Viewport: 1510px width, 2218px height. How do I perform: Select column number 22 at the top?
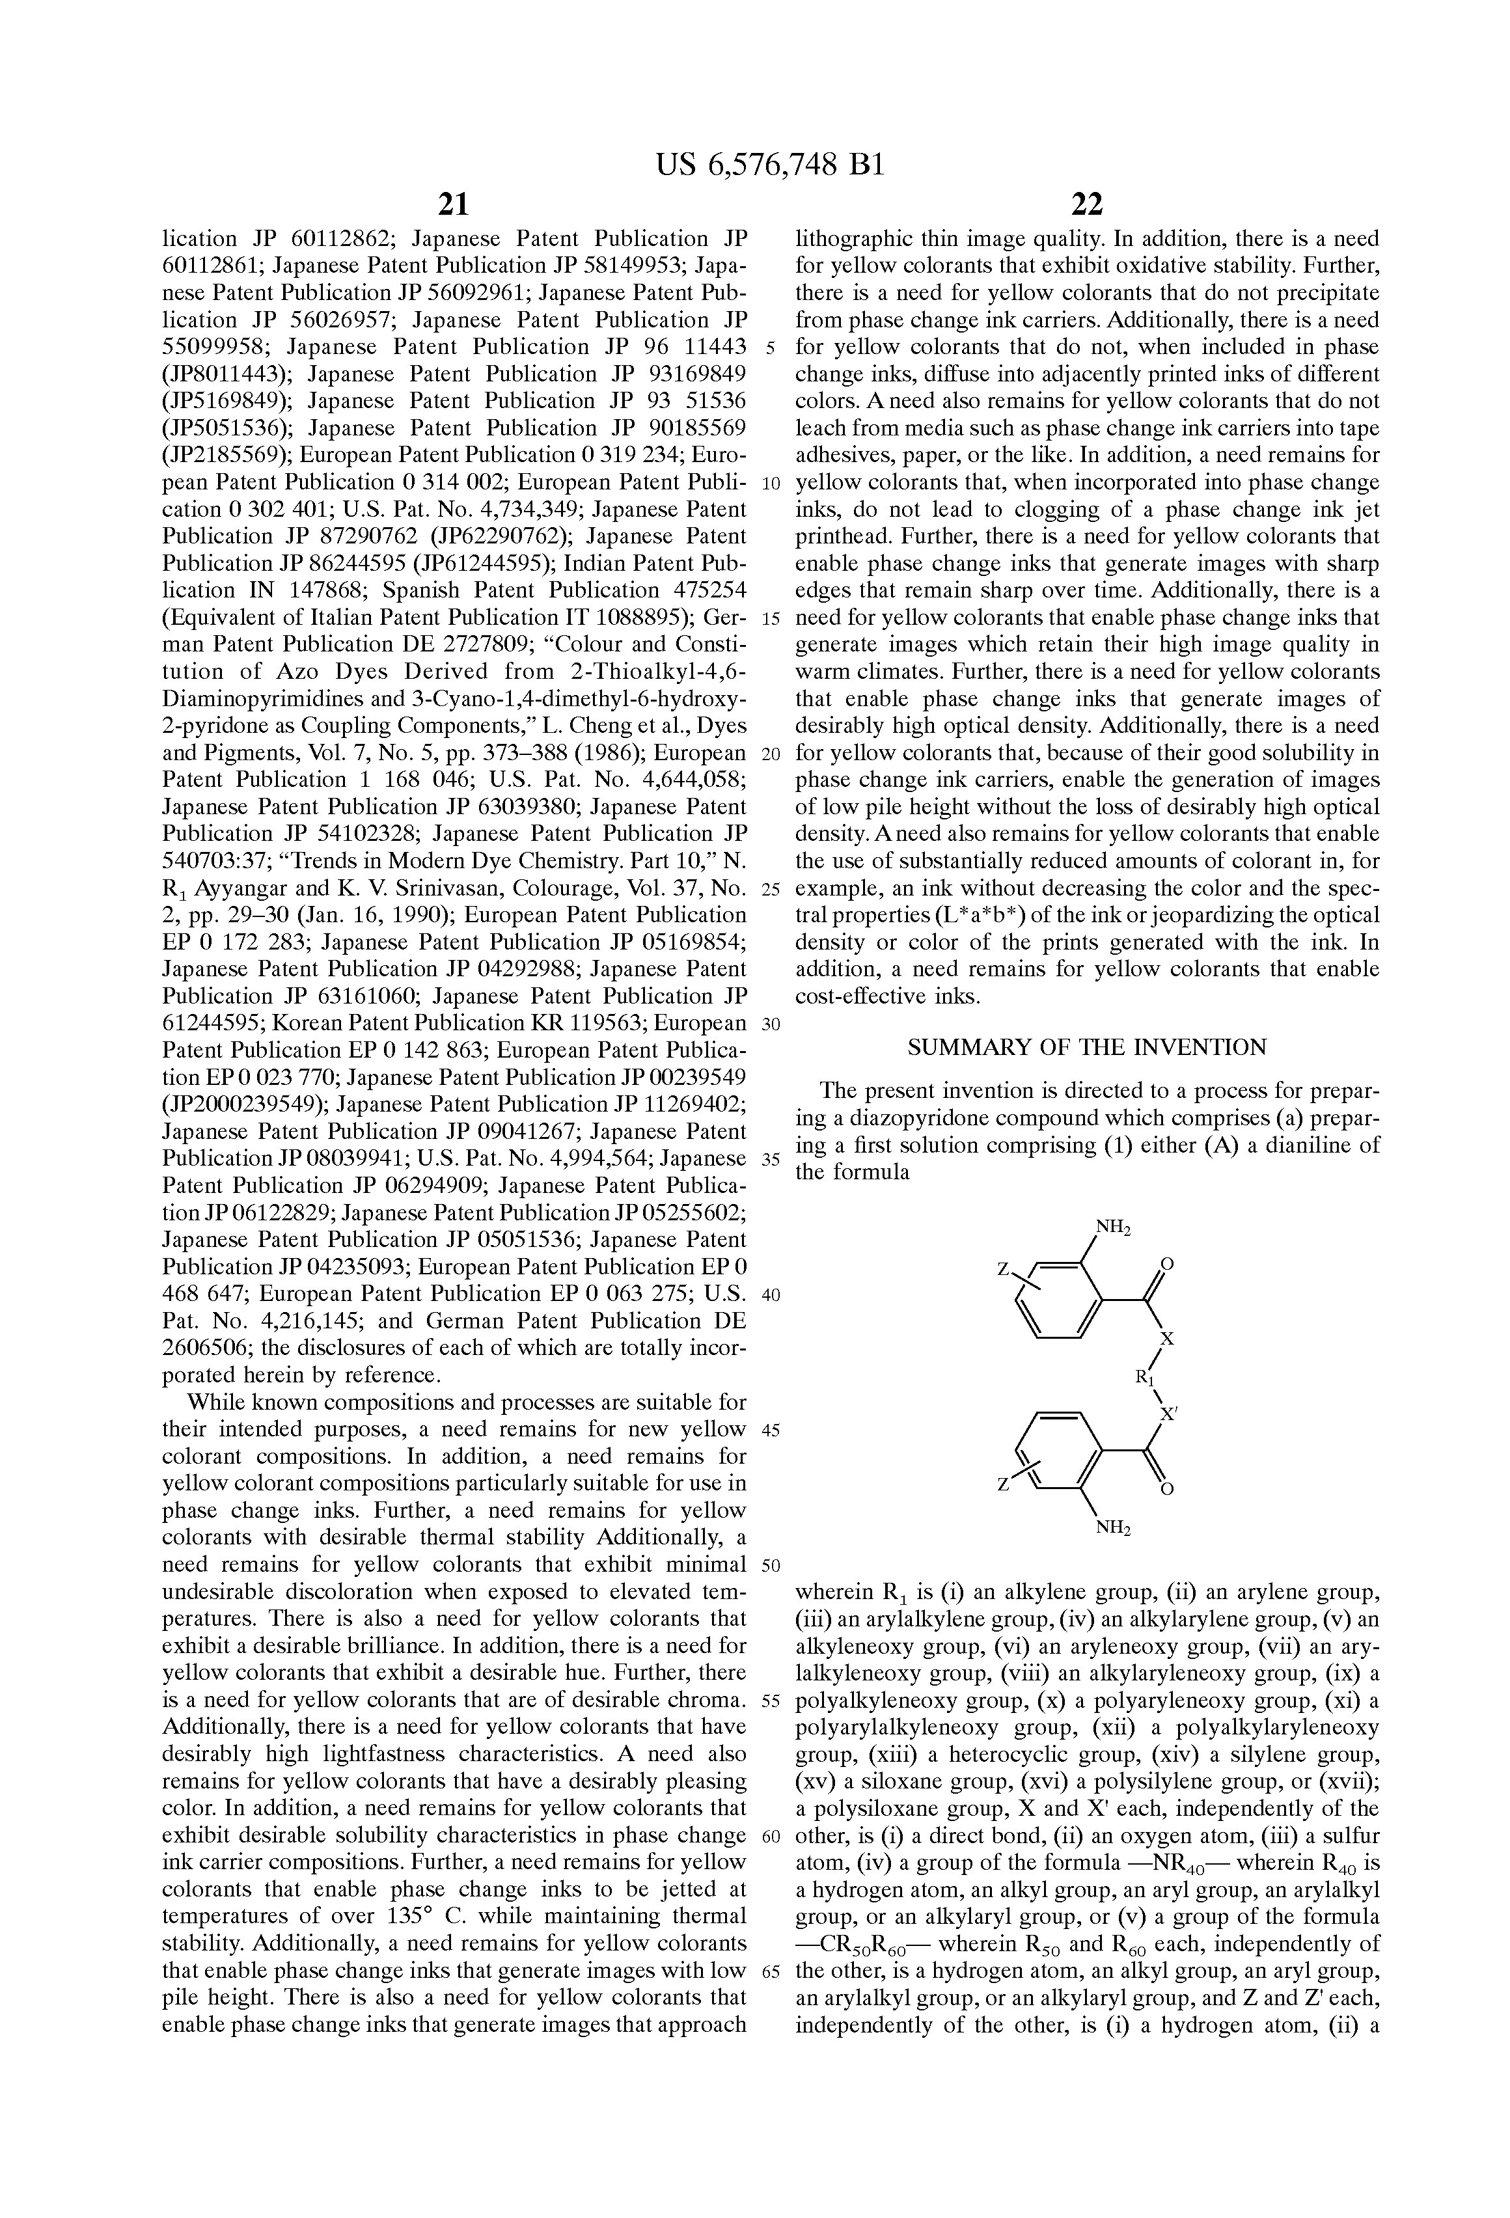pos(1087,203)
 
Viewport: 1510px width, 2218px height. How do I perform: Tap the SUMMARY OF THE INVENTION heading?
pos(1086,1047)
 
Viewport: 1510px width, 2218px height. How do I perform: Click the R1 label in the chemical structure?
pos(1144,1377)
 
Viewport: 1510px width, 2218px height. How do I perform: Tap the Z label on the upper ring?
pos(1003,1268)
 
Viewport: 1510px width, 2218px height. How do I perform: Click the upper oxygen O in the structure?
pos(1166,1265)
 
